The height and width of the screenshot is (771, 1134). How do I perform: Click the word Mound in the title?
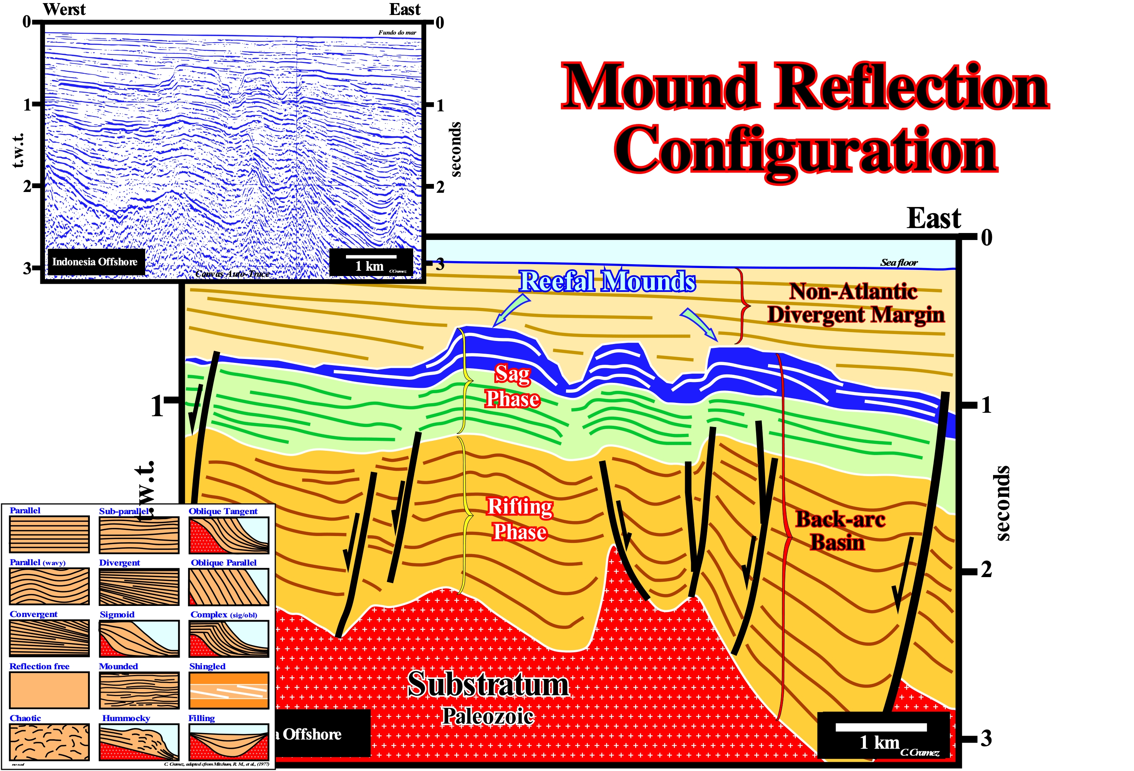click(x=661, y=87)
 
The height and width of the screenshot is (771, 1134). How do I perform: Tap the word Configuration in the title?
click(x=805, y=149)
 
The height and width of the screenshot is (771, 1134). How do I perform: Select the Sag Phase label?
click(x=512, y=387)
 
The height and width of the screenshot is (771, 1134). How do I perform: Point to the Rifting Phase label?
click(x=520, y=519)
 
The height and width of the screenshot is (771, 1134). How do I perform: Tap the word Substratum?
click(x=488, y=684)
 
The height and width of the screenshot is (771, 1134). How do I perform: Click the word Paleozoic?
click(x=488, y=716)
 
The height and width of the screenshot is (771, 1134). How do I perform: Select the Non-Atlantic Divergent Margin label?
click(x=855, y=303)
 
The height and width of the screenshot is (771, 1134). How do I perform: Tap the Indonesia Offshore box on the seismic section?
click(x=95, y=262)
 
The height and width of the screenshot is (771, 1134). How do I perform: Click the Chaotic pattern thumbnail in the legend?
click(x=49, y=742)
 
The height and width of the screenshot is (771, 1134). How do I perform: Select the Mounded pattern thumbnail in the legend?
click(x=139, y=690)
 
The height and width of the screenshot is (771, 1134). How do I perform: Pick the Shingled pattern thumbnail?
click(x=229, y=690)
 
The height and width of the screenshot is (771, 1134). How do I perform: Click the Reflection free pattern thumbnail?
click(x=49, y=690)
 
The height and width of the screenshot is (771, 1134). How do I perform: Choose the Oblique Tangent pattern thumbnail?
click(x=229, y=535)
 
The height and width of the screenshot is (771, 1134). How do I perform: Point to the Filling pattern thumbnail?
click(x=229, y=742)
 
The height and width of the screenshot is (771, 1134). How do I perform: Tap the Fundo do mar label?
click(x=397, y=33)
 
